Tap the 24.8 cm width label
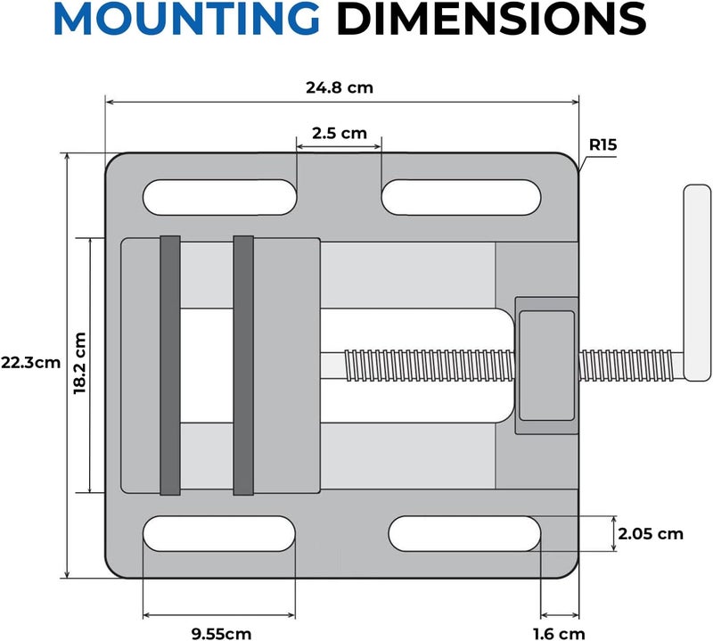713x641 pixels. click(x=339, y=88)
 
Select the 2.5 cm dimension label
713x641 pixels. click(x=339, y=134)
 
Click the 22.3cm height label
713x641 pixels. click(x=30, y=363)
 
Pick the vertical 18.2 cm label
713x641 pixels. click(x=79, y=364)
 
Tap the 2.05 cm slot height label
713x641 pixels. click(x=650, y=534)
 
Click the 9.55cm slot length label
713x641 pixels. click(x=221, y=633)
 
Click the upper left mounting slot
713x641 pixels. click(x=221, y=197)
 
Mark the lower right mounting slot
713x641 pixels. click(x=465, y=533)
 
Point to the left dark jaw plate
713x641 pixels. click(x=170, y=365)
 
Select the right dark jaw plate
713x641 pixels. click(x=243, y=365)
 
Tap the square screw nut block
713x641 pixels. click(x=546, y=365)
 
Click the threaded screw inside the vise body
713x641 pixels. click(x=419, y=365)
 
